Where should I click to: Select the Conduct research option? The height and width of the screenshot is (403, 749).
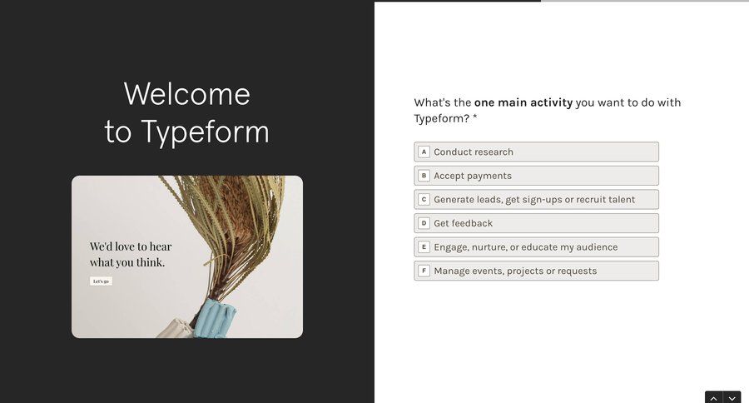(536, 152)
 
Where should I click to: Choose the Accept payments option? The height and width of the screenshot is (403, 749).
(536, 176)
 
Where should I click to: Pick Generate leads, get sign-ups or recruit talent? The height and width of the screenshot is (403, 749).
(536, 199)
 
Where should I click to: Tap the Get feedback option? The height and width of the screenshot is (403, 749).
(536, 223)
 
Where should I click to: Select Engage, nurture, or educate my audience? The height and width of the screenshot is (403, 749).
(536, 247)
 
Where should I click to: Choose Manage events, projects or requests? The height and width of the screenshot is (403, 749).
(536, 271)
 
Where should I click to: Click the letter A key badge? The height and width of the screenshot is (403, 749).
(424, 152)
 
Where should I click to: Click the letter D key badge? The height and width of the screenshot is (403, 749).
(424, 223)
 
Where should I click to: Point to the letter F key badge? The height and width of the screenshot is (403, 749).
(424, 271)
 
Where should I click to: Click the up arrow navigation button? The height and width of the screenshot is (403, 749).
(713, 398)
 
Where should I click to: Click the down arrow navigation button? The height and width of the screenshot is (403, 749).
(732, 398)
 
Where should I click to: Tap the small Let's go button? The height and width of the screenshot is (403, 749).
(101, 281)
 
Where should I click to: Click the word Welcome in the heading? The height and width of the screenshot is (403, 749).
(186, 94)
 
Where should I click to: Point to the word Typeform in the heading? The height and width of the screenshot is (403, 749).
(205, 132)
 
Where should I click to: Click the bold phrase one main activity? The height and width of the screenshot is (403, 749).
(523, 102)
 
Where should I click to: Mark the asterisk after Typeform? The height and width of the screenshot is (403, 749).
(475, 119)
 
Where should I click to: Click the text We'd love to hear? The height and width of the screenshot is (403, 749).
(131, 246)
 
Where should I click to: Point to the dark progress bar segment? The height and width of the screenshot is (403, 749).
(457, 1)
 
